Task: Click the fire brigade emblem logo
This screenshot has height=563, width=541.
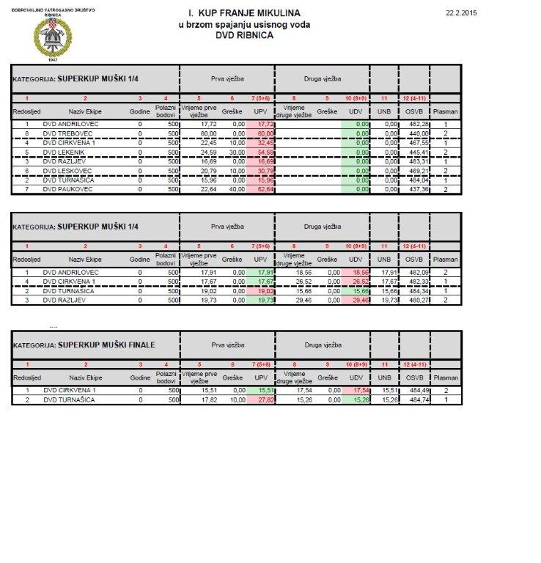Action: (46, 36)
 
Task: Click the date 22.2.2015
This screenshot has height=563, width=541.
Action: (461, 13)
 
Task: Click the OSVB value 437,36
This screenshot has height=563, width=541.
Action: (417, 189)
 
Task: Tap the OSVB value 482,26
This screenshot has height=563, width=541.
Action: (417, 124)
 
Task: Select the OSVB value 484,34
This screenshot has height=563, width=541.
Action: (417, 290)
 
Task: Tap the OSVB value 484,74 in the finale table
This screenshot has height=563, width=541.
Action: (417, 400)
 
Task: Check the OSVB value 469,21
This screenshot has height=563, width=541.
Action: (417, 170)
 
